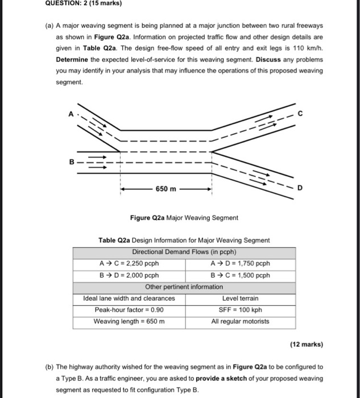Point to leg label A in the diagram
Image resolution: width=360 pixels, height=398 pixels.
coord(71,113)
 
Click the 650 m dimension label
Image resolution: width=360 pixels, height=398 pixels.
coord(167,188)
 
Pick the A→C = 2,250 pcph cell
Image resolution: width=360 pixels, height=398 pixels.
coord(129,263)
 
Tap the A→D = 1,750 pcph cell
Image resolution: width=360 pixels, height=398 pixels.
coord(239,263)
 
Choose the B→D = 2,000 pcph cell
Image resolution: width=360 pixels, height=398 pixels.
coord(129,275)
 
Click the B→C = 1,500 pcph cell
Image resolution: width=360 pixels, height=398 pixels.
coord(239,275)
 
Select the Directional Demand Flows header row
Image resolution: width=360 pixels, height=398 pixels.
coord(184,252)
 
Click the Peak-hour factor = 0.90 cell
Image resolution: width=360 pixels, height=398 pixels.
coord(129,310)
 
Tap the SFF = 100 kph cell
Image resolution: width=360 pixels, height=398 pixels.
coord(239,310)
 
